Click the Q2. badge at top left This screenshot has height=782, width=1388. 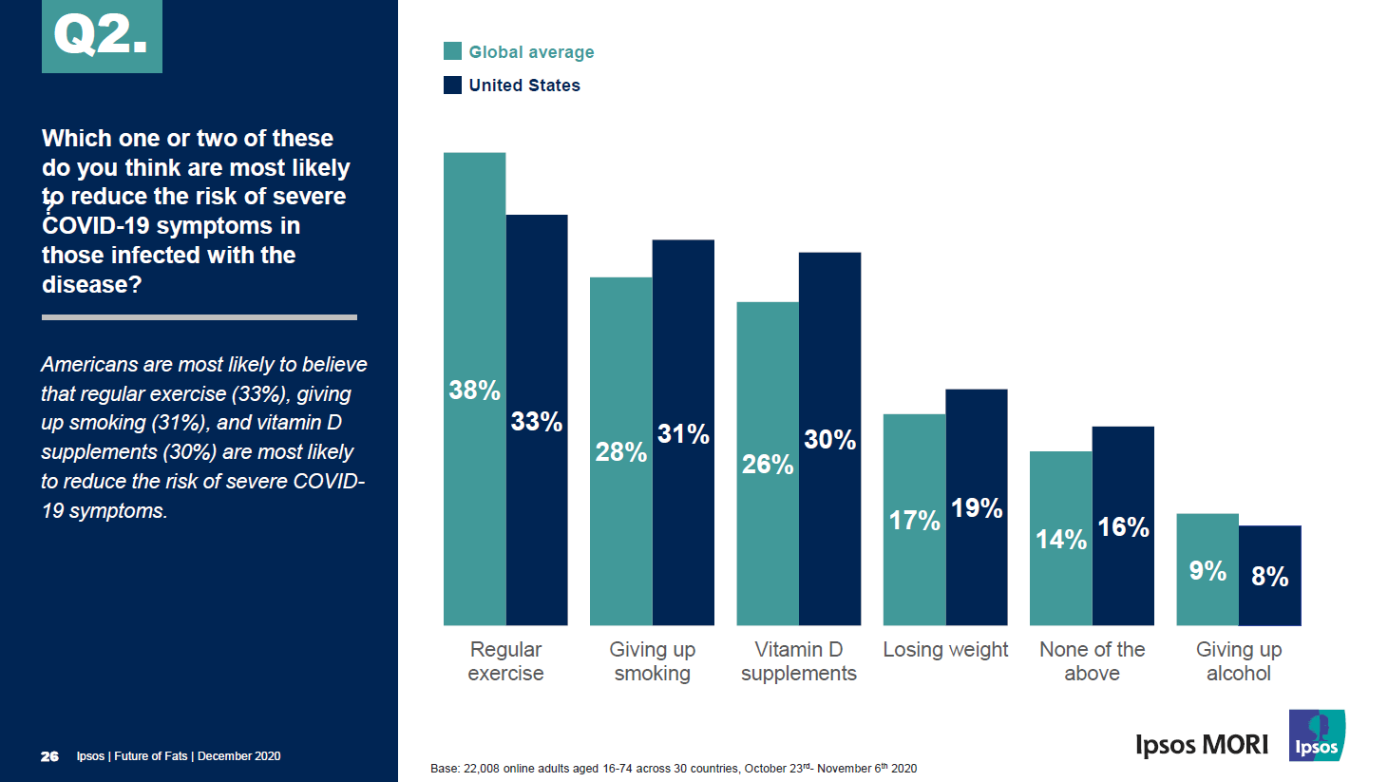click(102, 36)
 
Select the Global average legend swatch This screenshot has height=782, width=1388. click(452, 51)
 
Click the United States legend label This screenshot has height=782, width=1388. click(523, 86)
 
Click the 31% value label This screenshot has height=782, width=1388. click(683, 434)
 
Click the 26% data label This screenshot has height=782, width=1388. click(768, 464)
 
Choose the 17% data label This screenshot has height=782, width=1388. click(914, 521)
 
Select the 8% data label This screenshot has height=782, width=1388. click(1269, 577)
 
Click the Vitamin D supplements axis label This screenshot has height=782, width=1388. click(799, 661)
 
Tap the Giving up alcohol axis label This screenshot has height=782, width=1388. click(1239, 661)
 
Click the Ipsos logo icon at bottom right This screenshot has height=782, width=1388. click(1317, 735)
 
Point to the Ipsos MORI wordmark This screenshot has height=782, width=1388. click(1202, 744)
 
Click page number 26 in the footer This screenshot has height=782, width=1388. click(49, 756)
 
